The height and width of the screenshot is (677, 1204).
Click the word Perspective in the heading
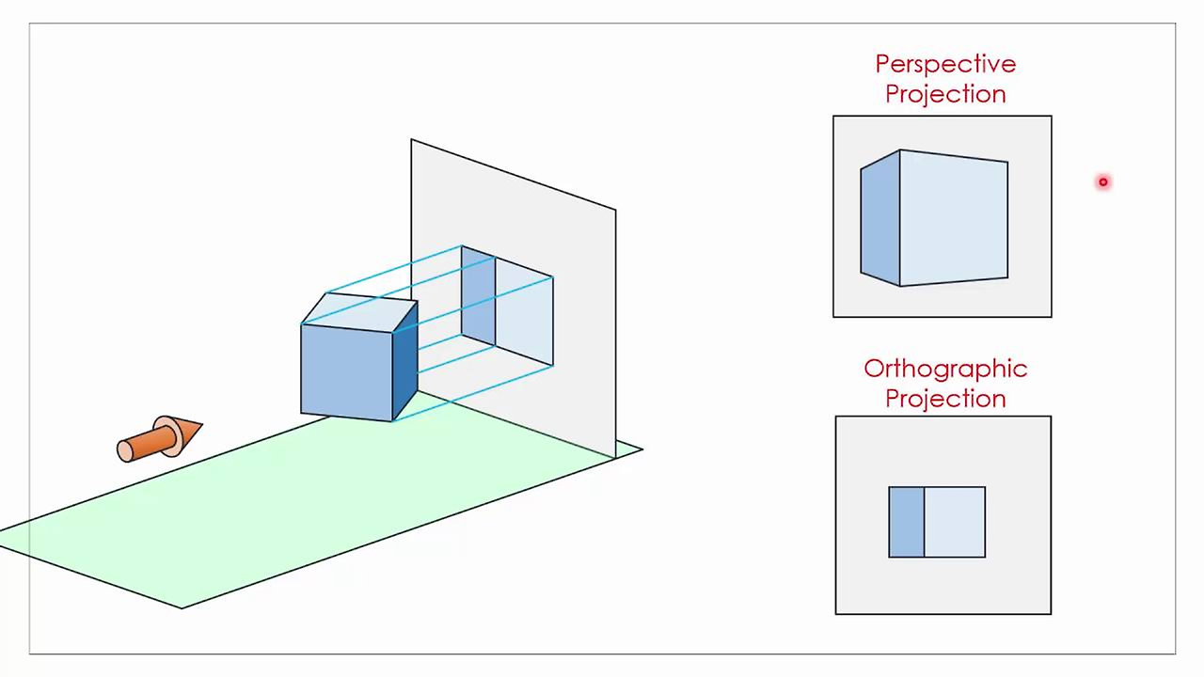[x=944, y=64]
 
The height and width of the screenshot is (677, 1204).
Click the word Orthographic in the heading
[x=944, y=369]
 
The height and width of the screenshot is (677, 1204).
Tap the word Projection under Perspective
[x=944, y=94]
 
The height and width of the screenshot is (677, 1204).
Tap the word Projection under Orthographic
[x=944, y=399]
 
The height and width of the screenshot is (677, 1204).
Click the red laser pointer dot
[x=1103, y=182]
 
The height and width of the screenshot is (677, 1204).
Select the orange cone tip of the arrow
[x=188, y=432]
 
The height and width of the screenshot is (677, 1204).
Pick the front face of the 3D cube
[x=346, y=370]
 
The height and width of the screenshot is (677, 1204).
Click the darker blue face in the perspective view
[x=880, y=218]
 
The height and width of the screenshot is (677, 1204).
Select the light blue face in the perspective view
[x=953, y=218]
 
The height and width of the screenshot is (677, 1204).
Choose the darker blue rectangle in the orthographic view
[x=906, y=522]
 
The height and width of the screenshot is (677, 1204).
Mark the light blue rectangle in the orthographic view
[x=955, y=522]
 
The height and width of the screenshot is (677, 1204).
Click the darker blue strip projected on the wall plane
[x=478, y=296]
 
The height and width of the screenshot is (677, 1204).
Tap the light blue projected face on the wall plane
[x=524, y=310]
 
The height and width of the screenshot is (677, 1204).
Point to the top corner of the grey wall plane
[x=412, y=140]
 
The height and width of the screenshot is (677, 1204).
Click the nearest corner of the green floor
[x=182, y=607]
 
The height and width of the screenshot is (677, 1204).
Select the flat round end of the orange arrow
[x=125, y=451]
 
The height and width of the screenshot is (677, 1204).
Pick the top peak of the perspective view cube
[x=900, y=150]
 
